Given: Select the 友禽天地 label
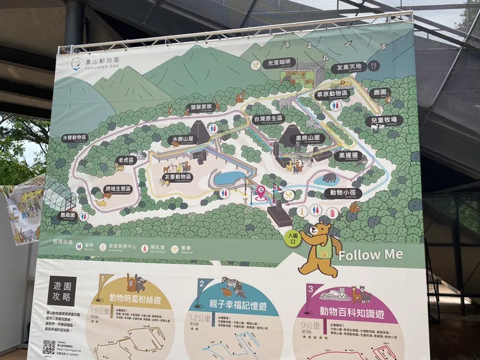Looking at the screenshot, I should pos(349,67).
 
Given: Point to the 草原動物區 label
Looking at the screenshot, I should pos(333,94).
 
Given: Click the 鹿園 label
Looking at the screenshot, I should pos(380,93).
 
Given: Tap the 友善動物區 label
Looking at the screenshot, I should pos(178,176).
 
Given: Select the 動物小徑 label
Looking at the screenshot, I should pos(343,193).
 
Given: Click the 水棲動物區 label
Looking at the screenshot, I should pos(75,138).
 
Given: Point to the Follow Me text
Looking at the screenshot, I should pos(370,254).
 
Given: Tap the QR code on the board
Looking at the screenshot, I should pos(49,347).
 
